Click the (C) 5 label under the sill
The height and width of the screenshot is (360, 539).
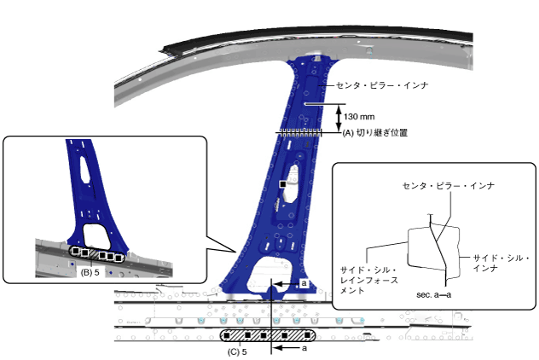tap(238, 351)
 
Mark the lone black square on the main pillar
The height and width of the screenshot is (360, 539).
tap(282, 183)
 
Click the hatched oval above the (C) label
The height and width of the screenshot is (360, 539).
tap(266, 334)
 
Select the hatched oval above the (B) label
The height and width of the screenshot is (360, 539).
tap(96, 254)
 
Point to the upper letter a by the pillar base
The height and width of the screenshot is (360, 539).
tap(304, 282)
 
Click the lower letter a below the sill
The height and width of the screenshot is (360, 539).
tap(304, 348)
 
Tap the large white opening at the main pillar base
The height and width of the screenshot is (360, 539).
tap(271, 275)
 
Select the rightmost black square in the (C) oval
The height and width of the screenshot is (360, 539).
tap(299, 334)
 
